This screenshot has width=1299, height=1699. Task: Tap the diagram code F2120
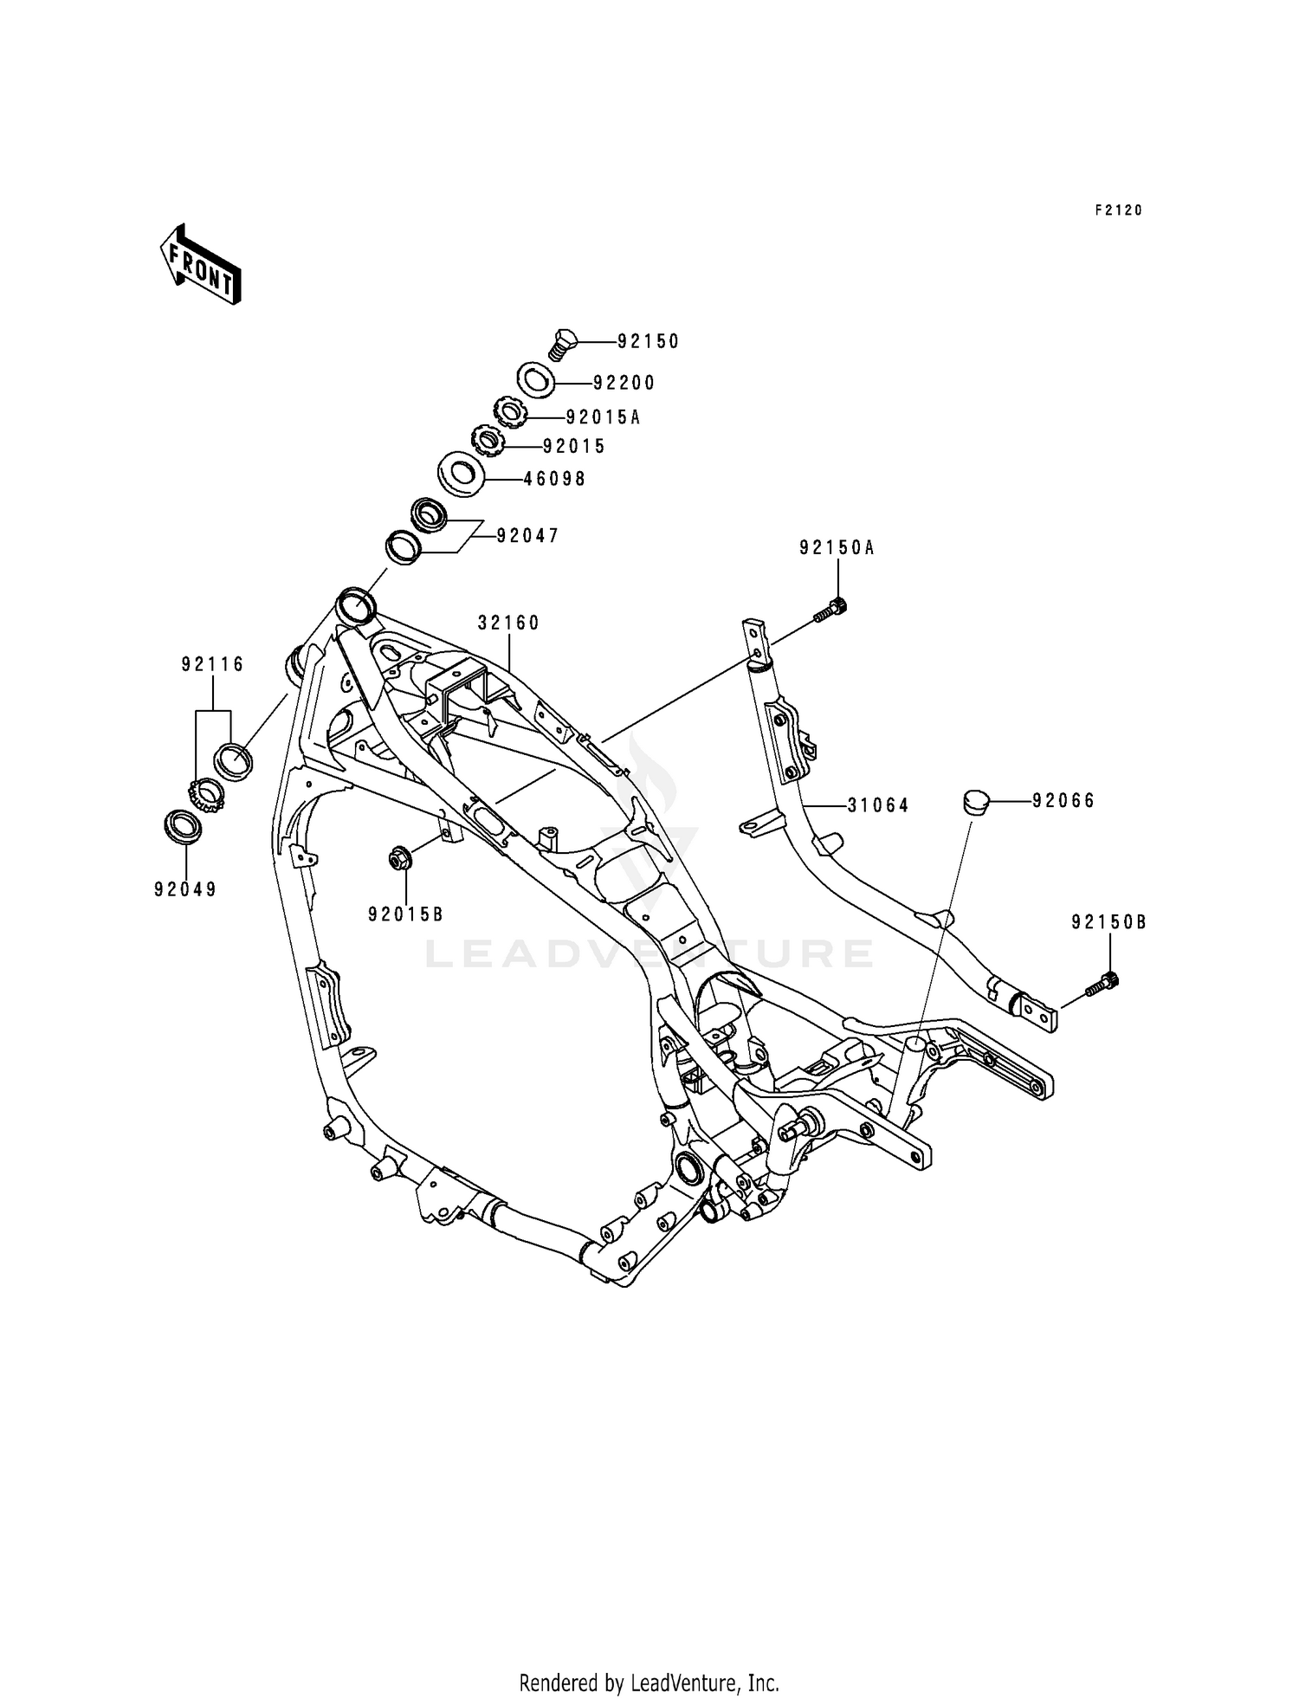(x=1119, y=210)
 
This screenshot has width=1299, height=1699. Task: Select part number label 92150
(x=649, y=342)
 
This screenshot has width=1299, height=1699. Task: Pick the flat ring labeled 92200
(x=537, y=380)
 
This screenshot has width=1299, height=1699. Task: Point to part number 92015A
(x=604, y=417)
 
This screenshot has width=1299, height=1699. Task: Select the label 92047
(x=528, y=536)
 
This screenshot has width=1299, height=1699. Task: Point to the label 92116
(x=213, y=664)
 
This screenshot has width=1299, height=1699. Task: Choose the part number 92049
(x=185, y=889)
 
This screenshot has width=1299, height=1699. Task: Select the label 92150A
(x=837, y=547)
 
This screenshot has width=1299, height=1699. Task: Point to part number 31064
(x=878, y=805)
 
